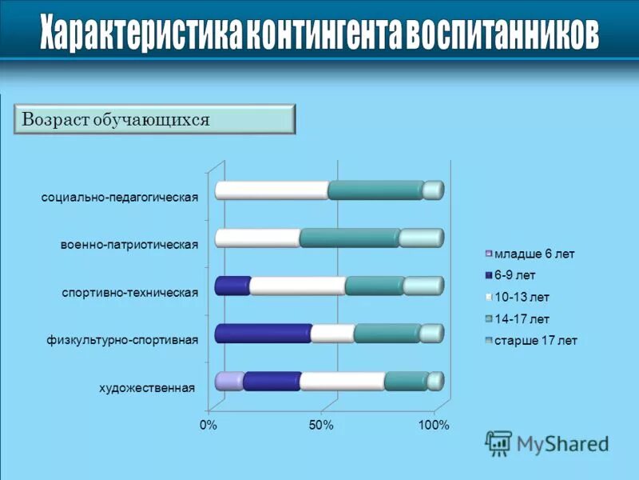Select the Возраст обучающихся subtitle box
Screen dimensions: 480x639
[155, 119]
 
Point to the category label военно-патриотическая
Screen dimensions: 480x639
[129, 244]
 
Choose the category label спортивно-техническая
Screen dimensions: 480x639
[129, 292]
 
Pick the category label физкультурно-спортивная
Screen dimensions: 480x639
[121, 340]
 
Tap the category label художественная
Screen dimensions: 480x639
[147, 388]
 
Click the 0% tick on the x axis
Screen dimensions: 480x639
[208, 425]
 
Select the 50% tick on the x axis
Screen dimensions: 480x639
[321, 425]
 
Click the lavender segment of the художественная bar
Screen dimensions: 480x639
[229, 381]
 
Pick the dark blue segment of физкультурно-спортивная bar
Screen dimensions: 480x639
[263, 334]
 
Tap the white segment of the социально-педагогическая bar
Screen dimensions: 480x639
[272, 190]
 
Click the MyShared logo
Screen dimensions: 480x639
[547, 442]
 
